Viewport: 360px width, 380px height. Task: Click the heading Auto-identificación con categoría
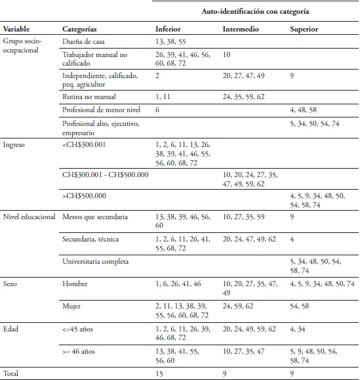(x=255, y=12)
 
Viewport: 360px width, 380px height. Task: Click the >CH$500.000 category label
(x=85, y=196)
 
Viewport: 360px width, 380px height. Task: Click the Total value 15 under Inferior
(x=159, y=373)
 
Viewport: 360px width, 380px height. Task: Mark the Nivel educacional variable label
(x=30, y=216)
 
